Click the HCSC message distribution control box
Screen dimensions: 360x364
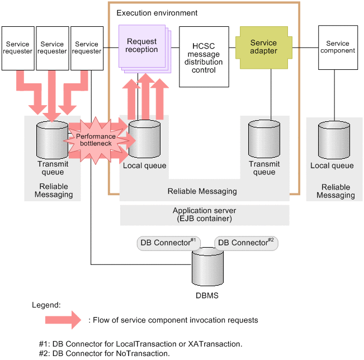pyautogui.click(x=204, y=56)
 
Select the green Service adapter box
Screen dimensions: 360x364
pyautogui.click(x=263, y=46)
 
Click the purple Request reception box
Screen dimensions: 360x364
pyautogui.click(x=142, y=46)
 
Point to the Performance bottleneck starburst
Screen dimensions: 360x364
pyautogui.click(x=96, y=140)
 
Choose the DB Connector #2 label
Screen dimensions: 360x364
pyautogui.click(x=247, y=243)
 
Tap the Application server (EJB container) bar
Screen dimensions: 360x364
pyautogui.click(x=205, y=215)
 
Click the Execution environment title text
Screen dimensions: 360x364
pyautogui.click(x=157, y=12)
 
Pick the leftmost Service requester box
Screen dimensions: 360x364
pyautogui.click(x=18, y=48)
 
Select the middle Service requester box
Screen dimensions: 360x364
pyautogui.click(x=53, y=48)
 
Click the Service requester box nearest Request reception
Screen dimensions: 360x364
pyautogui.click(x=87, y=48)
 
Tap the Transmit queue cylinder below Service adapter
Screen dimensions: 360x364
pyautogui.click(x=264, y=140)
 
